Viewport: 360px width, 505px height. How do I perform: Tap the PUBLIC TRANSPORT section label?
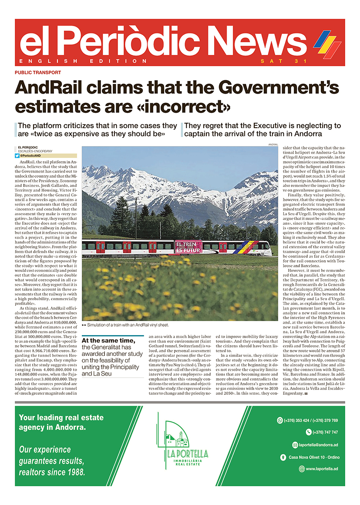[37, 72]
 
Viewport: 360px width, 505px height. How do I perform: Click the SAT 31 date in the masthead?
[274, 61]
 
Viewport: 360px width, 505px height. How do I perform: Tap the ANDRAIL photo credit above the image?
[273, 144]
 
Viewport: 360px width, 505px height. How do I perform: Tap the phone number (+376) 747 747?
[325, 432]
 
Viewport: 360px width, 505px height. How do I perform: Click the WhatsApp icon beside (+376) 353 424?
[280, 420]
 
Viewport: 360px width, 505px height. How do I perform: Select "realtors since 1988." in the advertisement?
[53, 471]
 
